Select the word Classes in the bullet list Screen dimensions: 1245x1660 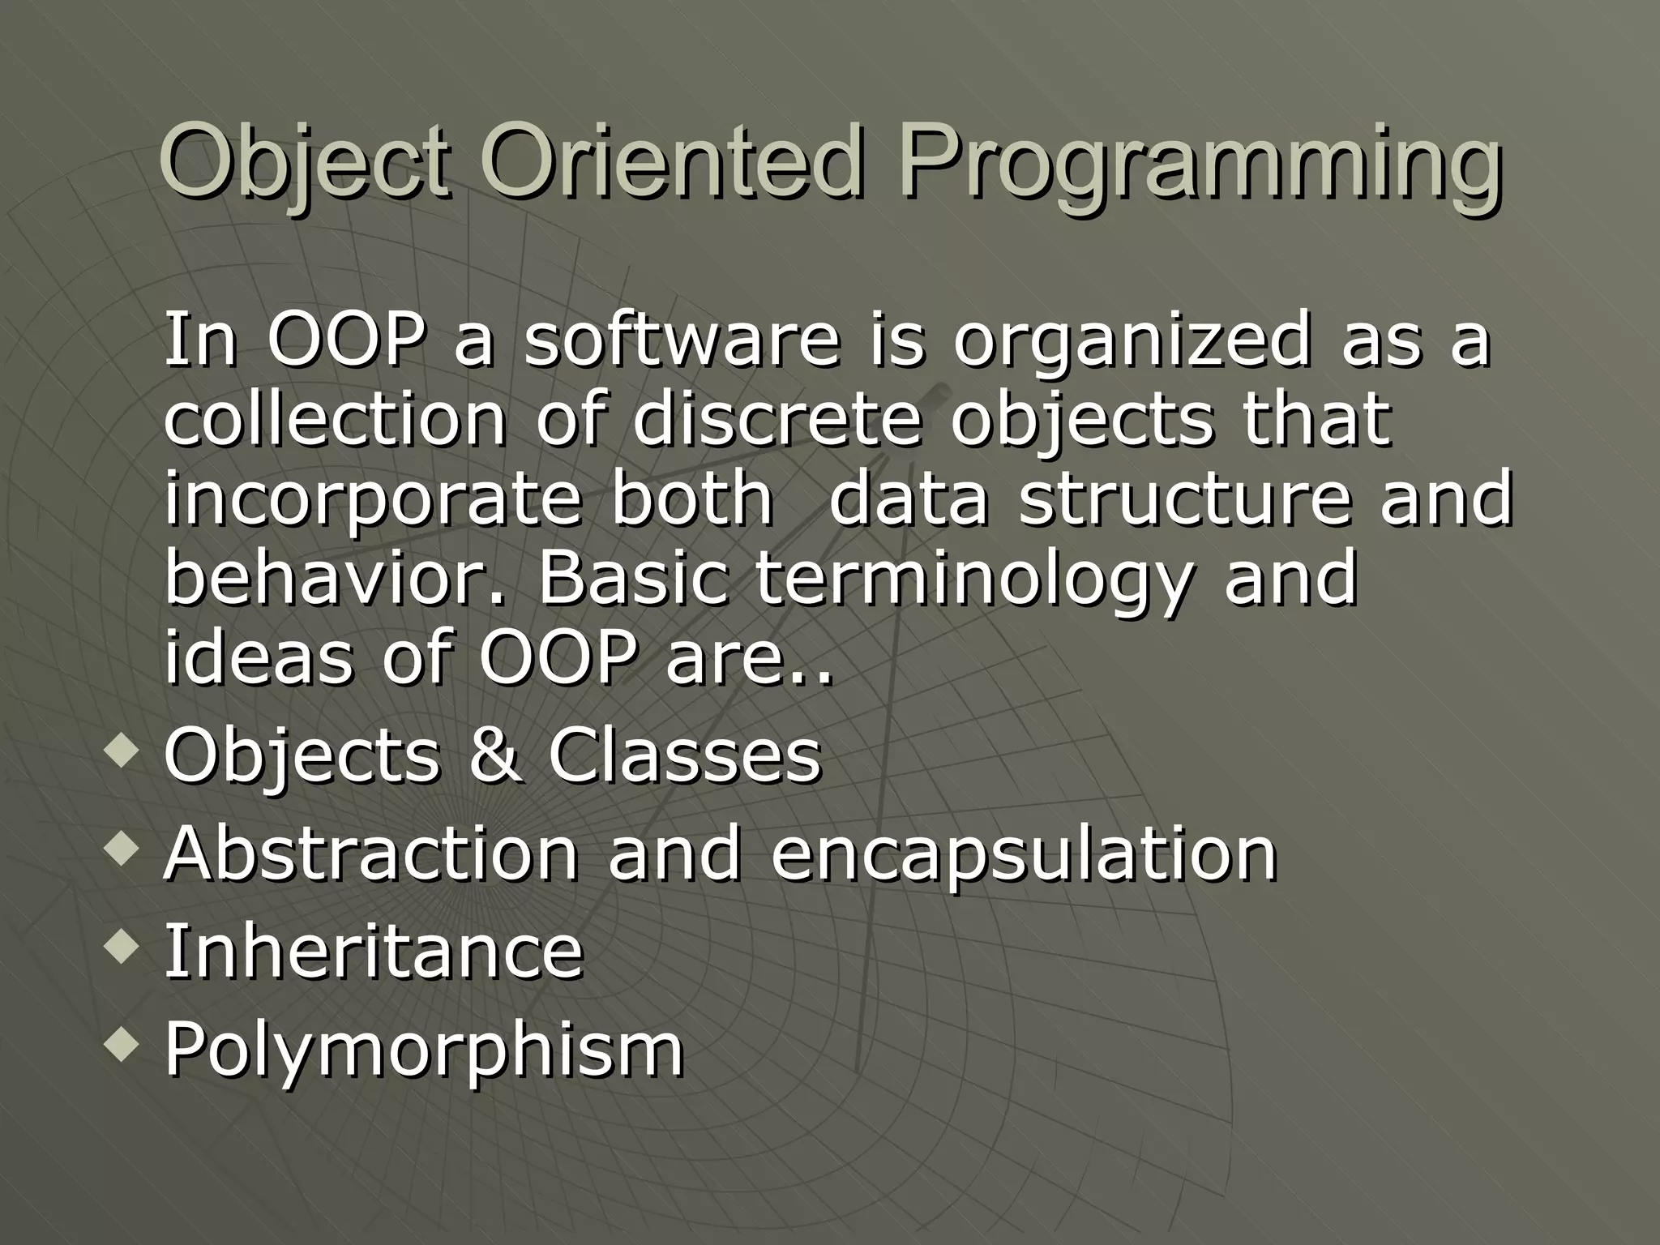point(685,756)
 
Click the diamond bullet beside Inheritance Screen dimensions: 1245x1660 point(122,947)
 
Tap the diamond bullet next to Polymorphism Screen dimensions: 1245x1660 point(122,1044)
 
